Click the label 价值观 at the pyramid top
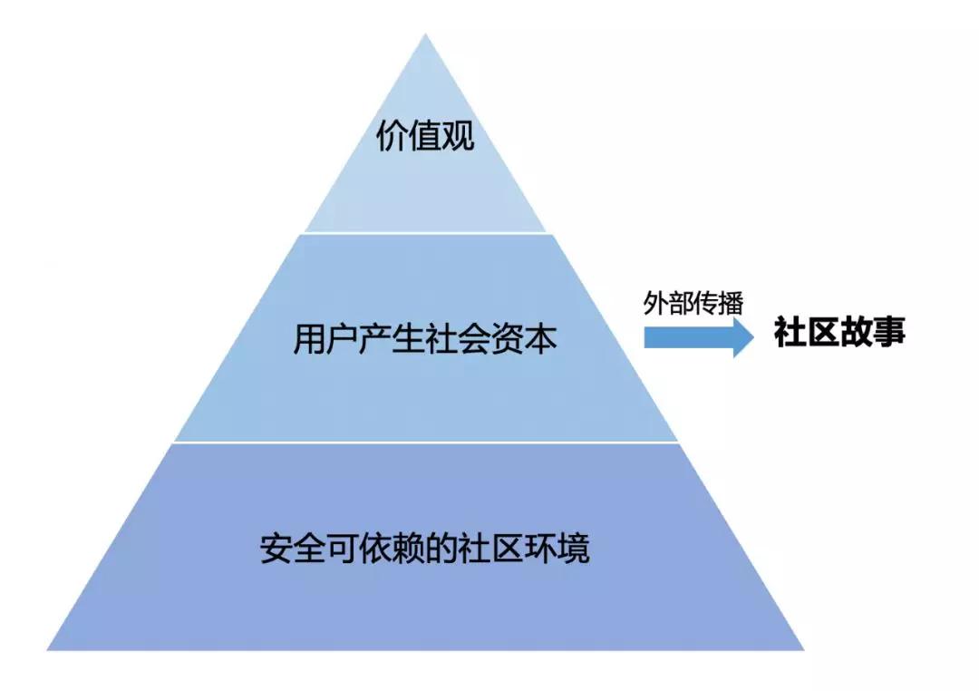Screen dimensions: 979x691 (x=424, y=136)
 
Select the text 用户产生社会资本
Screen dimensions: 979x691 (x=424, y=339)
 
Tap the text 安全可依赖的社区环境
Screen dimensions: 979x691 (x=424, y=548)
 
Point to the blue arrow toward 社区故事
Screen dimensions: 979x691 (x=699, y=337)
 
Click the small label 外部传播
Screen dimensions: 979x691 (x=693, y=303)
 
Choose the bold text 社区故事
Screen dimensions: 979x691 (x=839, y=331)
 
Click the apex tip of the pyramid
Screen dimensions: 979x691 (x=425, y=34)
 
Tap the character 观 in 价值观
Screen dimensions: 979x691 (x=459, y=136)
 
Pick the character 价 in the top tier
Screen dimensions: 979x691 (x=393, y=136)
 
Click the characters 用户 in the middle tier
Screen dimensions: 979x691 (x=326, y=339)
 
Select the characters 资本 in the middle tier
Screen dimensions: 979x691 (x=524, y=339)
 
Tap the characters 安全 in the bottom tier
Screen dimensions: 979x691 (x=293, y=548)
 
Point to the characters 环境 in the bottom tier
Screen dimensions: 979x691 (x=557, y=548)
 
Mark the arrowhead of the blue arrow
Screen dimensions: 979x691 (x=743, y=337)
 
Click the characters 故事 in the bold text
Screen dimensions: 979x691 (x=872, y=331)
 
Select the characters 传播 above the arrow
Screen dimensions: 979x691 (x=718, y=303)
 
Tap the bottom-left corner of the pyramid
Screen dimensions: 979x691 (x=47, y=650)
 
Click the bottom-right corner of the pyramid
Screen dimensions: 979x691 (x=803, y=650)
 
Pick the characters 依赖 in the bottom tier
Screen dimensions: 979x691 (x=393, y=548)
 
